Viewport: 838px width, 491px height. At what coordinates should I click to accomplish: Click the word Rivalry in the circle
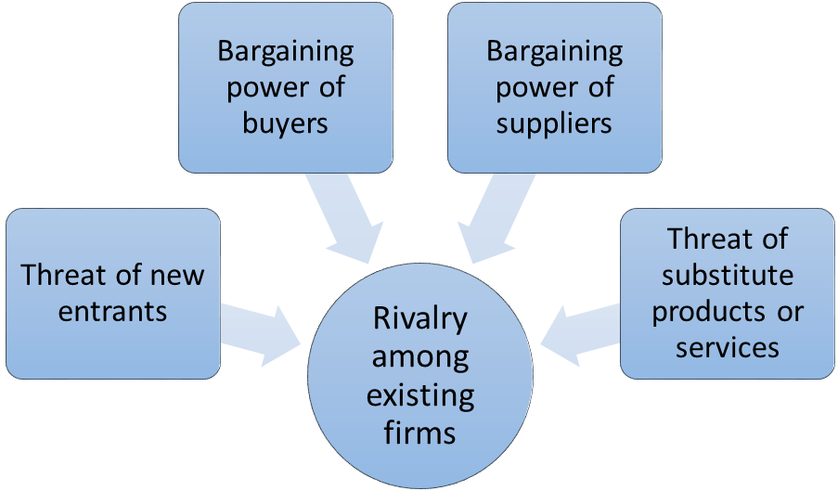(420, 319)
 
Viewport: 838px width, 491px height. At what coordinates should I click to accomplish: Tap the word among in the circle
(420, 357)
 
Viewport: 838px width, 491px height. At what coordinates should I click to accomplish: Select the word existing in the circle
(420, 395)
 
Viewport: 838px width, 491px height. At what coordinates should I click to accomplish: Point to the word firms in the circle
(420, 433)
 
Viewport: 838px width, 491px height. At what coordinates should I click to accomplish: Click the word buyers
(286, 124)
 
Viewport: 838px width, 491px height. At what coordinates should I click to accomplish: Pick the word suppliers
(554, 124)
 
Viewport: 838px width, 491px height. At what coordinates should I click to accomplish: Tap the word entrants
(113, 311)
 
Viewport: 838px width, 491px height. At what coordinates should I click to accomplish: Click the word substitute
(728, 275)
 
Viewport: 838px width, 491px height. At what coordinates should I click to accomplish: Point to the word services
(728, 347)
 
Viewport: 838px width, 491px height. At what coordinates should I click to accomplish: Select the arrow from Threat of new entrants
(261, 335)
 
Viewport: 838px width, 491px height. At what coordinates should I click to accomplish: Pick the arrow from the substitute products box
(580, 335)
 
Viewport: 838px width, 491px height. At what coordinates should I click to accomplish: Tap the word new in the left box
(177, 276)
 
